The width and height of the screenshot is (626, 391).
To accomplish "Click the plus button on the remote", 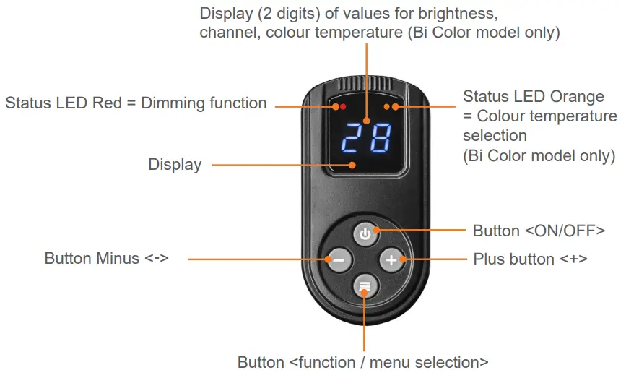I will (391, 259).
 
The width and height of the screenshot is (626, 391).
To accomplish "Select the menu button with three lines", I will (365, 286).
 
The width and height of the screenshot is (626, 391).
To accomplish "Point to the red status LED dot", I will (343, 107).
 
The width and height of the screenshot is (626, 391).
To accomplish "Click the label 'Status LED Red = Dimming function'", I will (136, 103).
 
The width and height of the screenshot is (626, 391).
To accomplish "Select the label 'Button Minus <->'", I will (106, 258).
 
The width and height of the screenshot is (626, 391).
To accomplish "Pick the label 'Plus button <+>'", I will (530, 258).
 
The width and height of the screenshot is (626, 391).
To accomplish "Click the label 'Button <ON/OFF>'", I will (539, 231).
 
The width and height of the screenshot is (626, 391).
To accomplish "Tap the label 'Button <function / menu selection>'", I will (362, 362).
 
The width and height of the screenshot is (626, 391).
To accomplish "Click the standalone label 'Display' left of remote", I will (175, 165).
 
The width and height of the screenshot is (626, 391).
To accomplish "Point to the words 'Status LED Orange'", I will (533, 96).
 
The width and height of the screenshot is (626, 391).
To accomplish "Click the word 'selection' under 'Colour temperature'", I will (495, 136).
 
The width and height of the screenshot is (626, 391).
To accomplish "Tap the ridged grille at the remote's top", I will (365, 83).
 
